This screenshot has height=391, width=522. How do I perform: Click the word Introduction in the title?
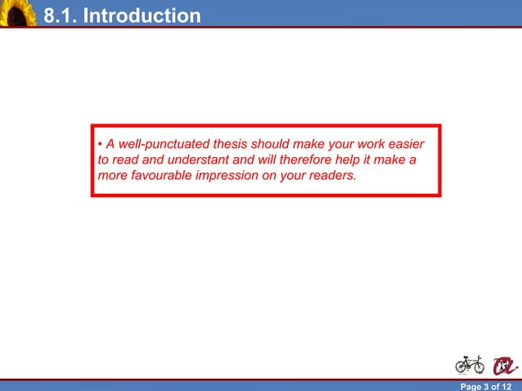click(142, 16)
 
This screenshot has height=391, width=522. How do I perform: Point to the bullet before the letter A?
click(100, 146)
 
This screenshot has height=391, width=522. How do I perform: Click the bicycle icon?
click(469, 363)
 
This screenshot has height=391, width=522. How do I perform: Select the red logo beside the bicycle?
click(502, 364)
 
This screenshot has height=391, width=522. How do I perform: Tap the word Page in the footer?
click(472, 386)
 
